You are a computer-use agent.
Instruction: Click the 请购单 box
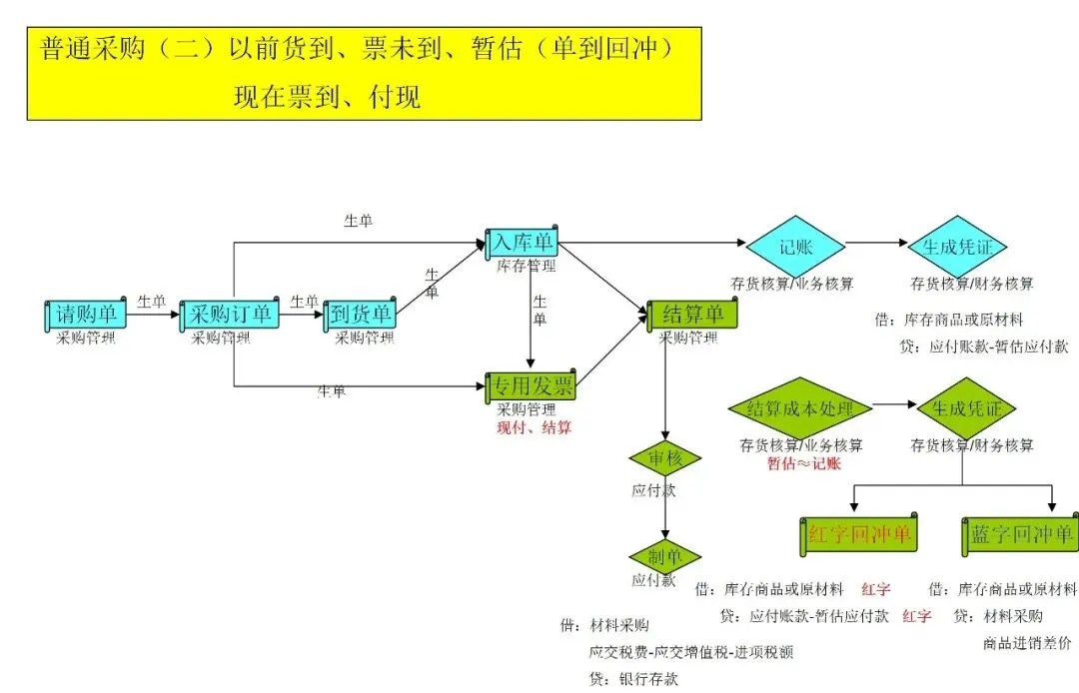86,315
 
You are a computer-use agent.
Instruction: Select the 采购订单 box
229,315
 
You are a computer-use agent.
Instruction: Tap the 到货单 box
360,315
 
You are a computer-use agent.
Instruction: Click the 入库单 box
522,242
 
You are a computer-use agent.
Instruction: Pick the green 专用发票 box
531,386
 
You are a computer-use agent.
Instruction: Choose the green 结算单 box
692,315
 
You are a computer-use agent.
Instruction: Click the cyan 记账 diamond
795,245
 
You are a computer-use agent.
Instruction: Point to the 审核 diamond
664,458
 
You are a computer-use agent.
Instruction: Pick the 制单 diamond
664,556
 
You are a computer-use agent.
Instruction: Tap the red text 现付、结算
535,427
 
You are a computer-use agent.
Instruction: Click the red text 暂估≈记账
803,463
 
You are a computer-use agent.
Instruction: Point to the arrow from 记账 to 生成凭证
874,243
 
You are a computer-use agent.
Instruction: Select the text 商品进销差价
1026,642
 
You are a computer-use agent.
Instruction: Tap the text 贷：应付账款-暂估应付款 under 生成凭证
984,346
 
